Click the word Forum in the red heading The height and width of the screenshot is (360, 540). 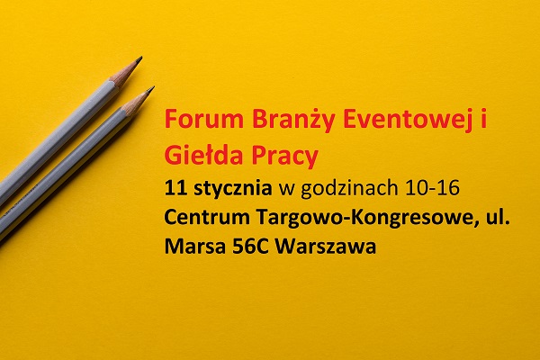204,119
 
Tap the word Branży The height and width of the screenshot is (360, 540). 292,121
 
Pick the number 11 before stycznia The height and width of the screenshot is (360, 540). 175,189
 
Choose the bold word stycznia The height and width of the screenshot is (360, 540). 233,190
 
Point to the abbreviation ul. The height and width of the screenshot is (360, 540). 499,218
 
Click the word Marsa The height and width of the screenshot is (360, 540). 194,247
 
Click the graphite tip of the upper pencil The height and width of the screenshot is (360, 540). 139,59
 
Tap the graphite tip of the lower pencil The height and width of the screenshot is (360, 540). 151,90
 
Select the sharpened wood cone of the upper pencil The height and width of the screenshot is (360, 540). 123,72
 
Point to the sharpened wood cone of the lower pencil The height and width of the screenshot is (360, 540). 135,103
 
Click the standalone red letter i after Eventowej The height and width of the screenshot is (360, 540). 484,119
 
